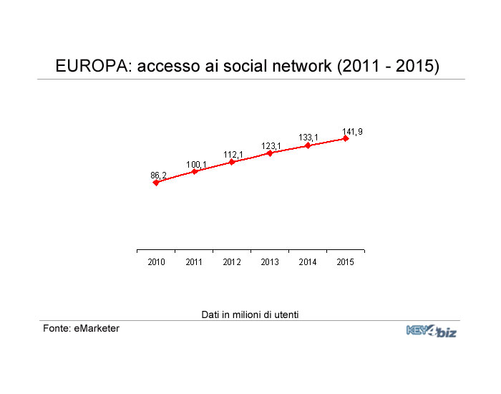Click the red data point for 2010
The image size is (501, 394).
156,183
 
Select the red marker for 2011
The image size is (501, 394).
194,171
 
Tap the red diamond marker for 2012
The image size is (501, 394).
232,162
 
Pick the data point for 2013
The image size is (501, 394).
270,153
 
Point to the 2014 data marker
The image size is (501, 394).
308,145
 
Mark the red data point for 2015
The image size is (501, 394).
346,138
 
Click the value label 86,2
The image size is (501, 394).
159,175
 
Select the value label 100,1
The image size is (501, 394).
196,165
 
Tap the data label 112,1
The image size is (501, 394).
233,155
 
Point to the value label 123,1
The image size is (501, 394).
271,146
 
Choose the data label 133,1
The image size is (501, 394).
308,138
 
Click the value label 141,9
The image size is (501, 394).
352,131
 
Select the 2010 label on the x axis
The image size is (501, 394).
156,262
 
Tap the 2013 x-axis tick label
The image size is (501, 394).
270,262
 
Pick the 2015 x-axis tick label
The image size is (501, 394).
346,262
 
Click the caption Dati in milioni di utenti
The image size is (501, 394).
250,314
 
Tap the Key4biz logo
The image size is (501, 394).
432,331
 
